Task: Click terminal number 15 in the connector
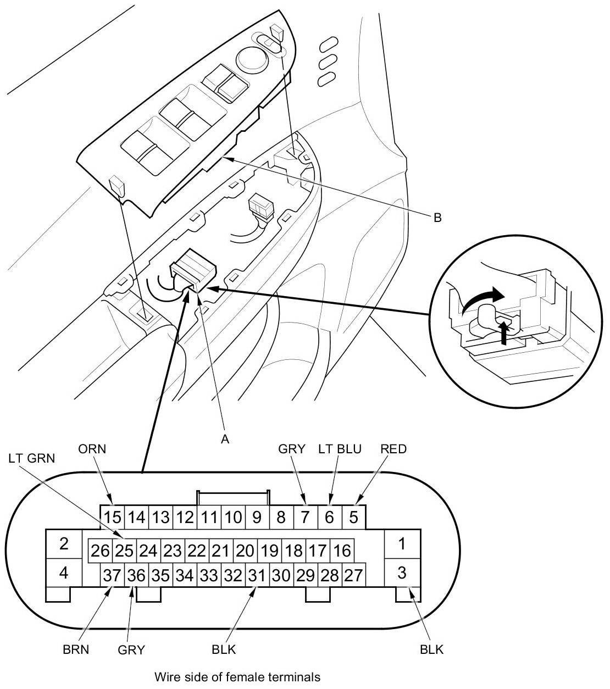(x=112, y=517)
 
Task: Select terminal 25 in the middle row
(x=124, y=551)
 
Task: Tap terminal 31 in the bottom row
(x=257, y=575)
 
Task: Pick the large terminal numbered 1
(x=402, y=543)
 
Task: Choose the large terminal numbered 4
(x=64, y=573)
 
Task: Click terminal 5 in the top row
(x=354, y=517)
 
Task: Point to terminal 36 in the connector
(x=136, y=575)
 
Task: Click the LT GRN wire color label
(x=32, y=459)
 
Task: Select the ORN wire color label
(x=92, y=449)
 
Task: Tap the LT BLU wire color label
(x=340, y=449)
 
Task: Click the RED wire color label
(x=393, y=449)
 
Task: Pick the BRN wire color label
(x=76, y=650)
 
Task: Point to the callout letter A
(x=225, y=439)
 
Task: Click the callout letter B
(x=438, y=218)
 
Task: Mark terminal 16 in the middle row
(x=342, y=551)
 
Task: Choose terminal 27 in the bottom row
(x=354, y=575)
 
